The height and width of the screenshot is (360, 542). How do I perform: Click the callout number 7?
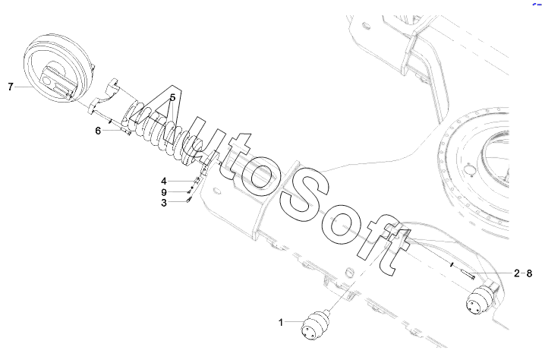[x=11, y=87]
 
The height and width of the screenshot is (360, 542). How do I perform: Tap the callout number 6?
[x=98, y=131]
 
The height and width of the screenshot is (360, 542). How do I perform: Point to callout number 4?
[x=163, y=181]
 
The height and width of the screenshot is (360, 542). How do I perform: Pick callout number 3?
[x=163, y=203]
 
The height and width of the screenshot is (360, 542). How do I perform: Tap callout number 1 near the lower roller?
[x=280, y=323]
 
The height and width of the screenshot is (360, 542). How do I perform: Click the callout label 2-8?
[x=523, y=272]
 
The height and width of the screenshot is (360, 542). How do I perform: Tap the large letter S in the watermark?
[x=304, y=194]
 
